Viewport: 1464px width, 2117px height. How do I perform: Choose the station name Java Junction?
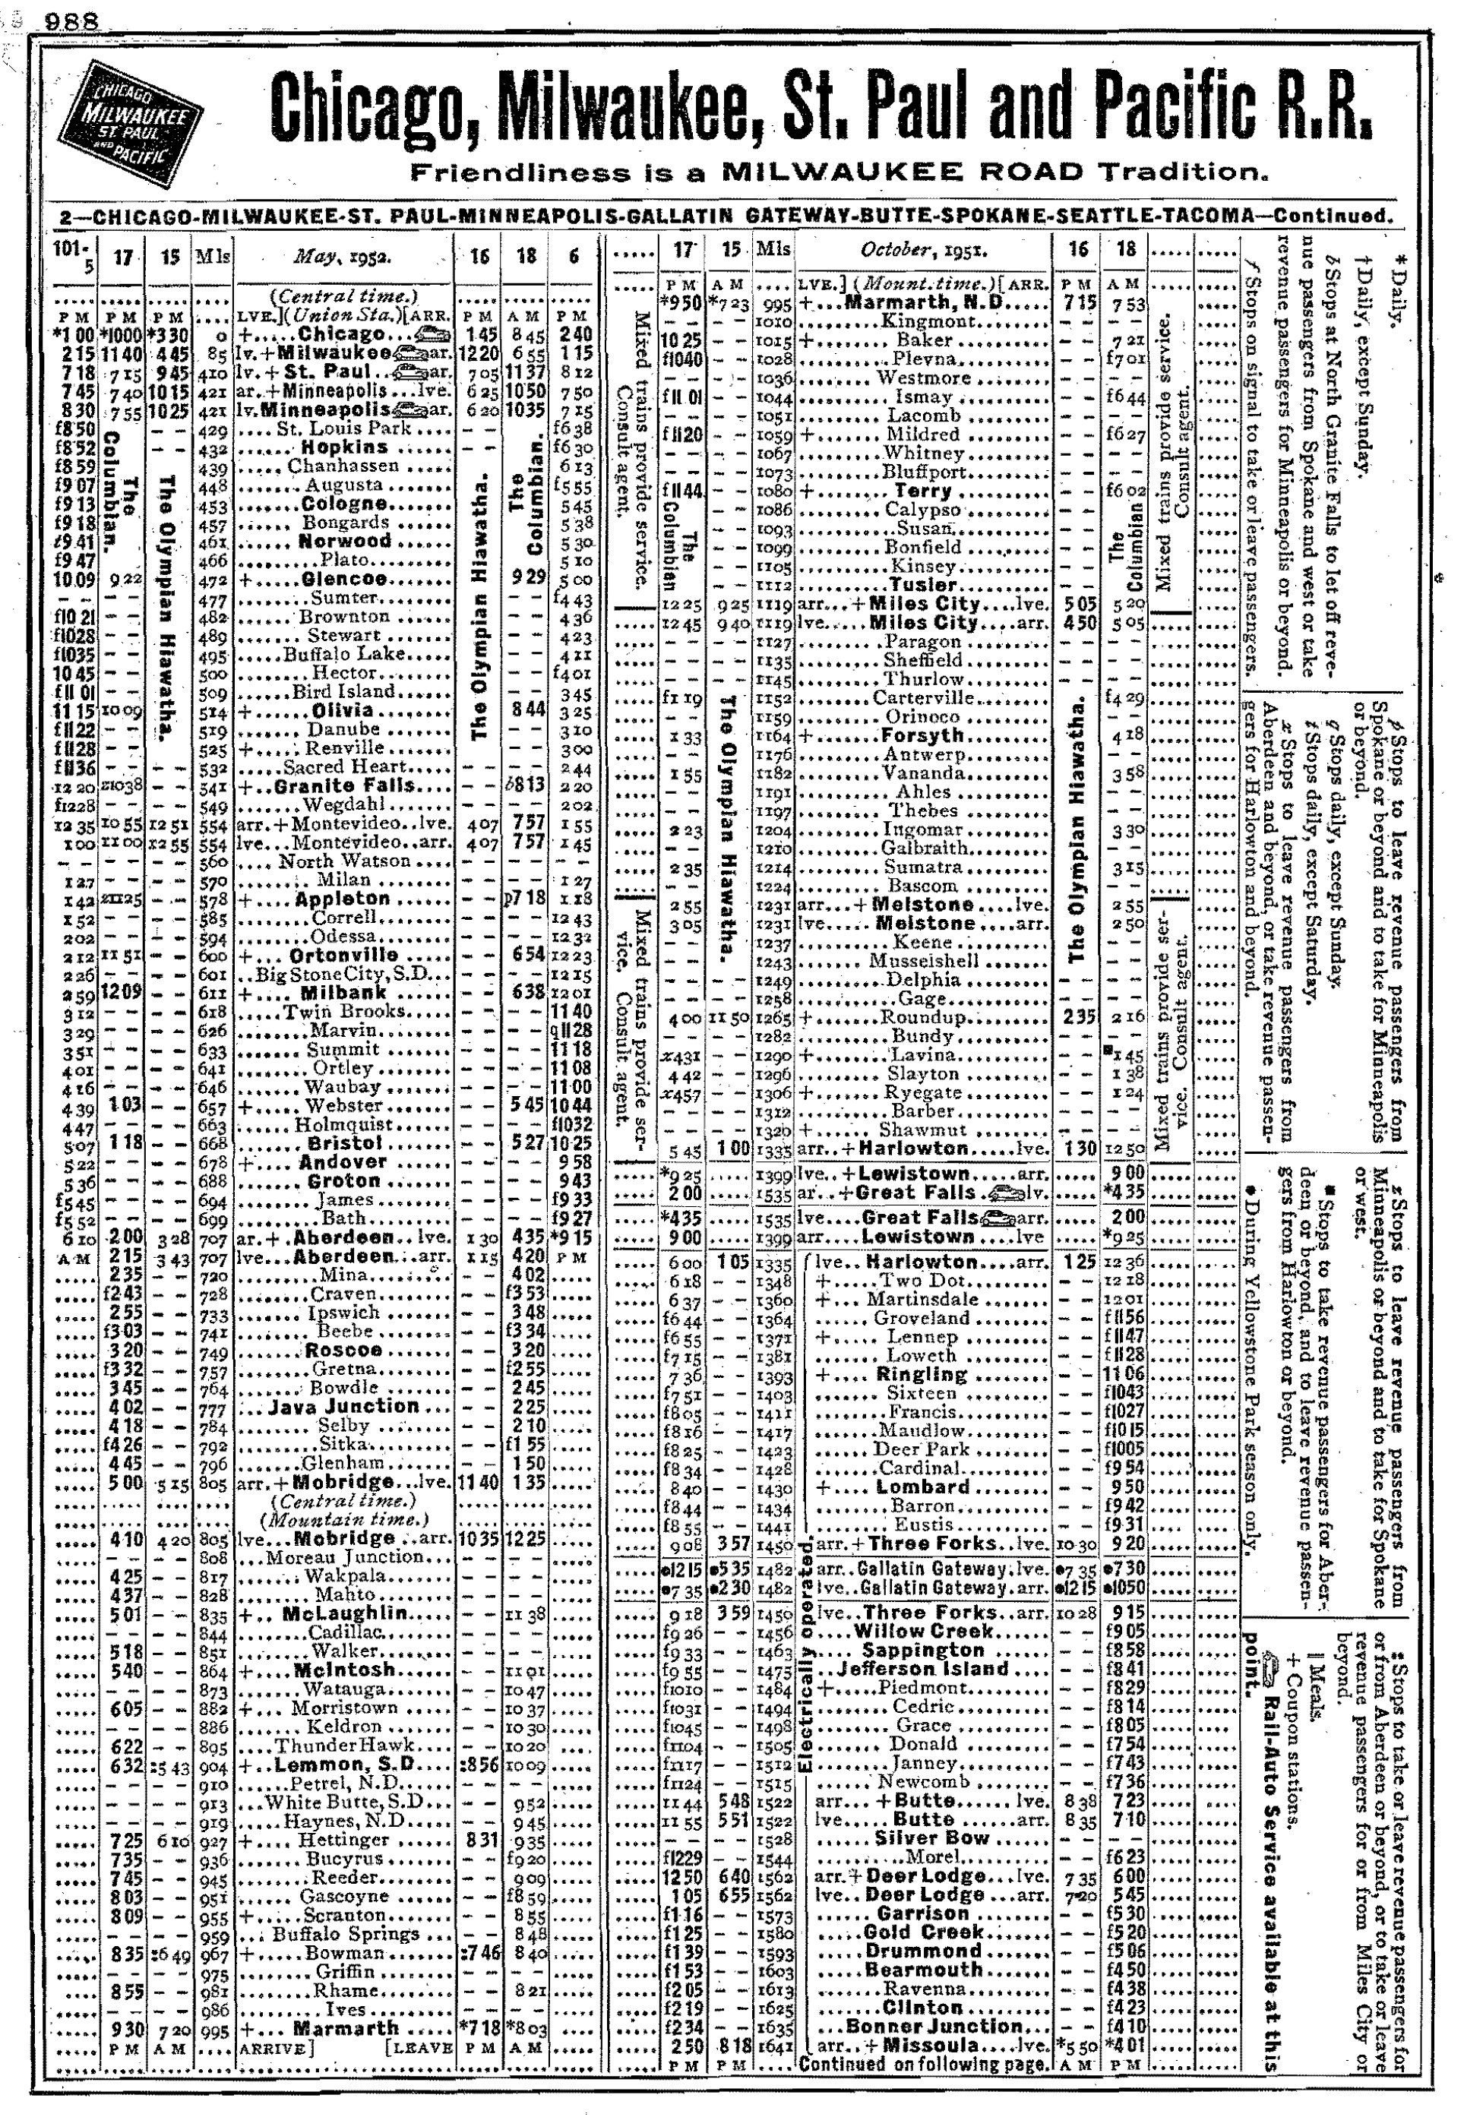click(x=345, y=1407)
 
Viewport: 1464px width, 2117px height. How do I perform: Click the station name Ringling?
click(x=922, y=1374)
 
